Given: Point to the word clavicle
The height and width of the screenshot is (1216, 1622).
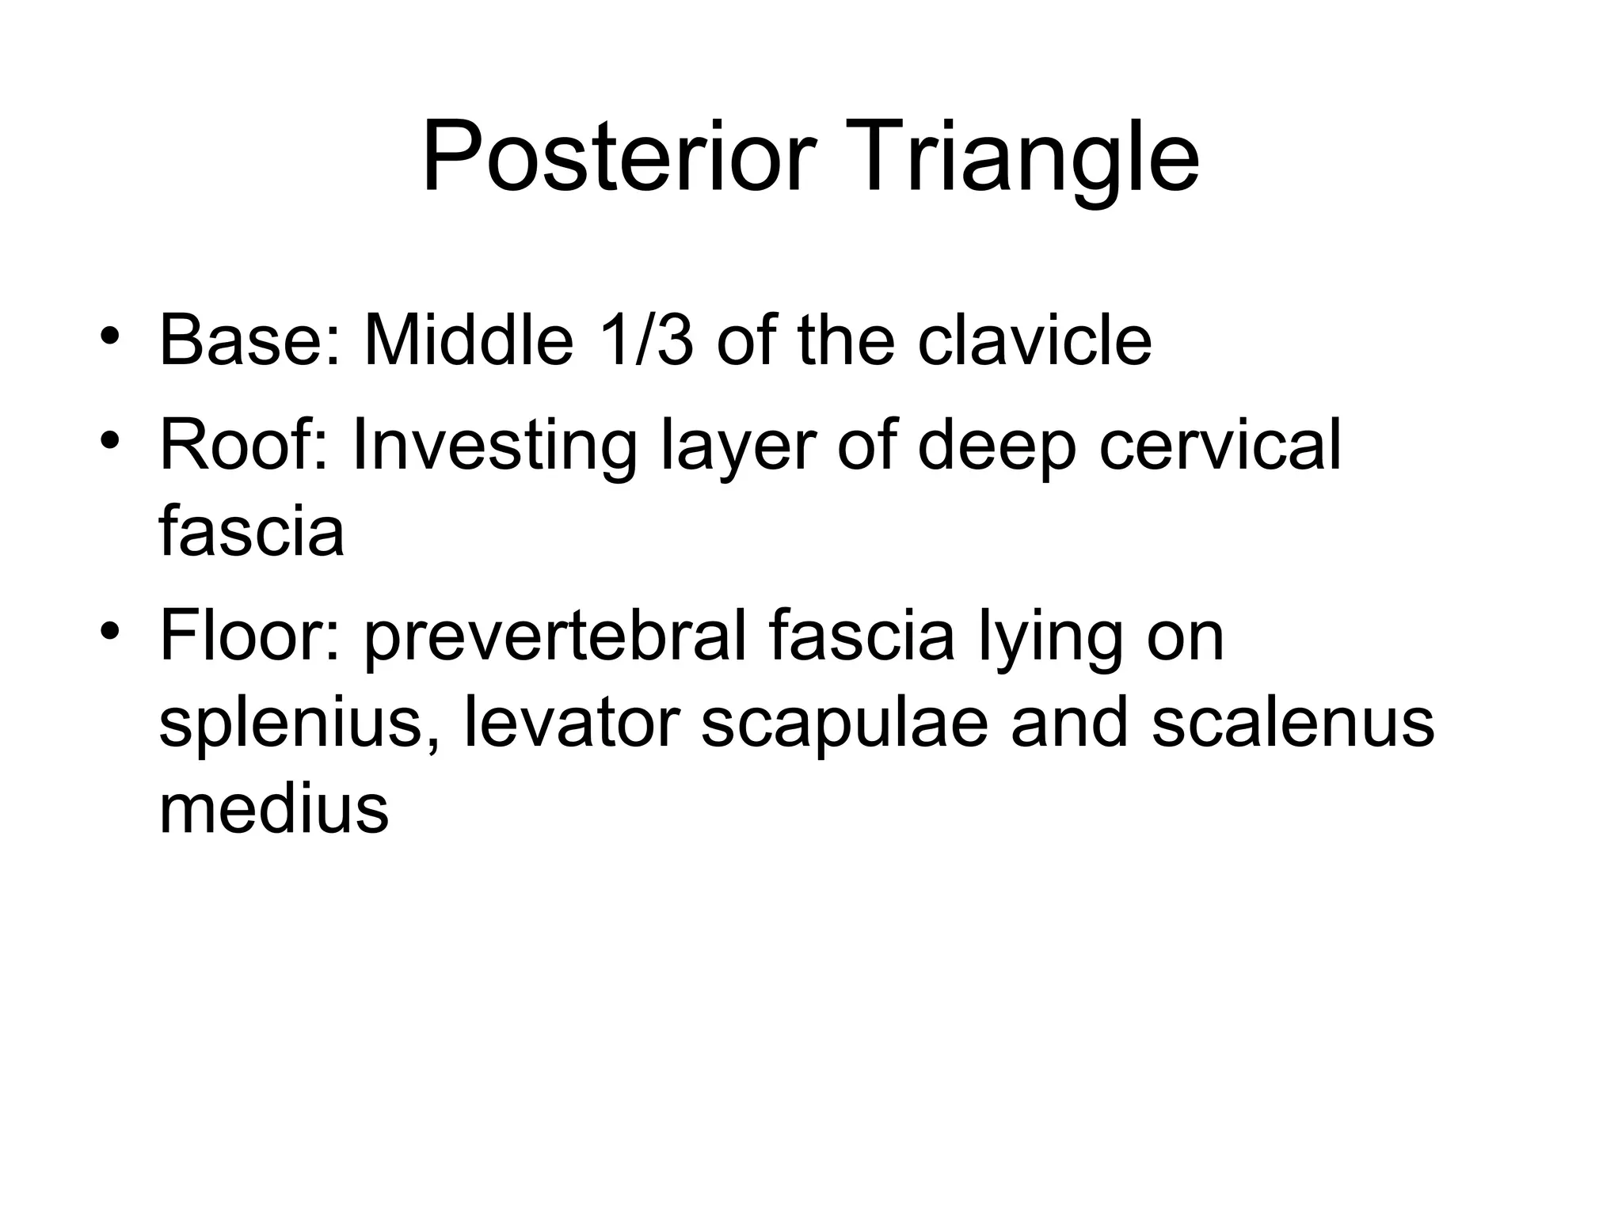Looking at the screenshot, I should (1034, 341).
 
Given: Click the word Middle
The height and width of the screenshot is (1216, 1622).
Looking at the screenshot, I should (468, 341).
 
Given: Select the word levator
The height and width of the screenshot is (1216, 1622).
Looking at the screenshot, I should (571, 723).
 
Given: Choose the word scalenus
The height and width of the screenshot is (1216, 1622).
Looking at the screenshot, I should (1293, 723).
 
